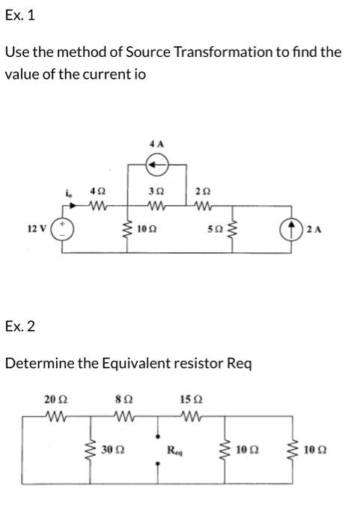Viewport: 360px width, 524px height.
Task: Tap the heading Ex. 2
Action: (x=19, y=326)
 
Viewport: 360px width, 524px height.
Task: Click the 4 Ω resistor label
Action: (x=96, y=192)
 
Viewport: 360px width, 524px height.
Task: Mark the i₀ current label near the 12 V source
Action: (x=69, y=192)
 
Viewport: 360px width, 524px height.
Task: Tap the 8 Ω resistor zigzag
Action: (x=123, y=415)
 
